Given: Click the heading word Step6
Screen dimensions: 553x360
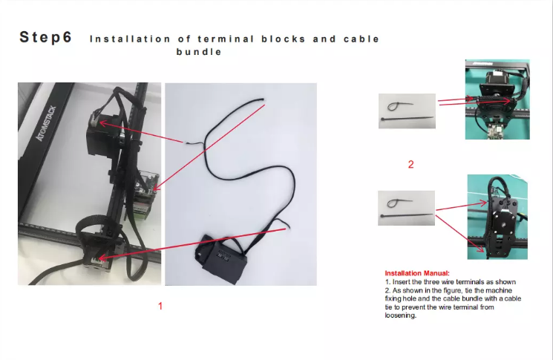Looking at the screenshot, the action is coord(46,37).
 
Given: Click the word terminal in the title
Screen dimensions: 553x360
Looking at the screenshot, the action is coord(226,39).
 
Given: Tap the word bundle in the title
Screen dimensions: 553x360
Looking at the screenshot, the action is coord(199,52).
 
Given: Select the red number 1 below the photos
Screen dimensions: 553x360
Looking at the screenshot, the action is coord(160,306).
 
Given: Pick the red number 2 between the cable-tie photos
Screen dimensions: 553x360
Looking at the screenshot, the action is coord(411,164).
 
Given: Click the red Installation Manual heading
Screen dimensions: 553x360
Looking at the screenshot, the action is coord(417,273).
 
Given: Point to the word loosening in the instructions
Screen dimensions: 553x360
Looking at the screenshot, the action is coord(400,315).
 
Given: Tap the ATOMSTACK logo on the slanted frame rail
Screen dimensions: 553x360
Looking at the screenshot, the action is coord(46,123).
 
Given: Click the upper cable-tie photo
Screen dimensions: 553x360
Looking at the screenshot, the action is coord(407,111).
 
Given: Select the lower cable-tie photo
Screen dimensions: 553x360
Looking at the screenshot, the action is coord(406,208).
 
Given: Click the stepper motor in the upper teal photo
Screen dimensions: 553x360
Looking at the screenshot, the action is coord(497,84).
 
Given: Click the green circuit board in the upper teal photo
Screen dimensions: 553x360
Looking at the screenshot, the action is coord(497,131).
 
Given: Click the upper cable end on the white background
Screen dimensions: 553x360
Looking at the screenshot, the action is coord(263,100).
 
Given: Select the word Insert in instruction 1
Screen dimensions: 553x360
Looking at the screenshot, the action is coord(402,282).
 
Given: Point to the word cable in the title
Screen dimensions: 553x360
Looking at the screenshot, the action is coord(361,39).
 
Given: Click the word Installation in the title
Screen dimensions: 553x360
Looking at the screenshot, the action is coord(131,39).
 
